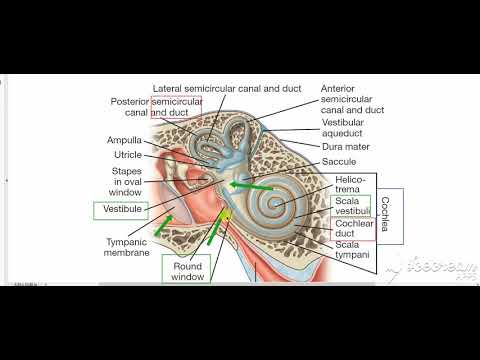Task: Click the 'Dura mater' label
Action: tap(346, 146)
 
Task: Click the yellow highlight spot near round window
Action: tap(227, 217)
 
